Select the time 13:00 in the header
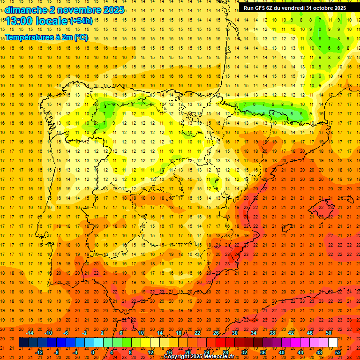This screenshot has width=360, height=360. click(19, 21)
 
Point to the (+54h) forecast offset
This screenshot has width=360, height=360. click(81, 21)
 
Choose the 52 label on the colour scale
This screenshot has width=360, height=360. click(338, 352)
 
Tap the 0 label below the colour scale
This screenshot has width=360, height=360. click(92, 352)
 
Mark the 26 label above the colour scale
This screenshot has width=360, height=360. click(216, 333)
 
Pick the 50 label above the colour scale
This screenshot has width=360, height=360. click(329, 333)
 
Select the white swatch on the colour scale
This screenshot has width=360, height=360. click(333, 342)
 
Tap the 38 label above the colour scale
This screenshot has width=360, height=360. click(272, 333)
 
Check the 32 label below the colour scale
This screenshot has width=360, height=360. click(244, 352)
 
